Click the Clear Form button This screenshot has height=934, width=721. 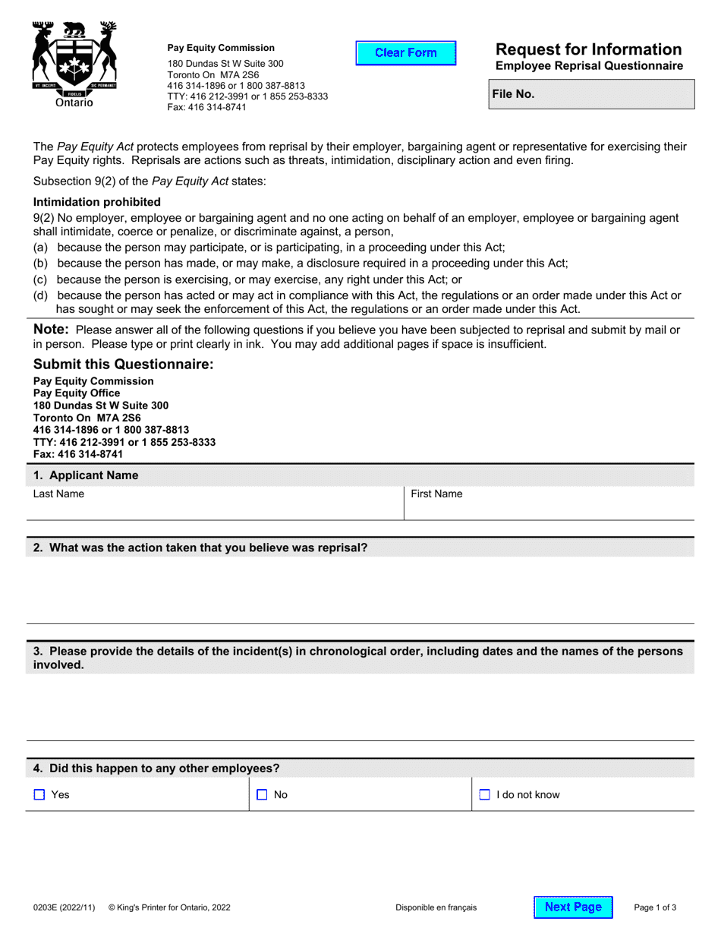point(406,53)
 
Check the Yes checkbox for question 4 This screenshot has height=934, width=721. point(39,795)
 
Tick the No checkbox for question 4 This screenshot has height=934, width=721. point(262,795)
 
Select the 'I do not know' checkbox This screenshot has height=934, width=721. point(484,795)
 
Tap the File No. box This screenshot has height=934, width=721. point(592,95)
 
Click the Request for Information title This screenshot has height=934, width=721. point(588,49)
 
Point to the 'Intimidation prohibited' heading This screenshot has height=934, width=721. point(97,202)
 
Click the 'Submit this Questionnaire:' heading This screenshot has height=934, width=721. point(124,364)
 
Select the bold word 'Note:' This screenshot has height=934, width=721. point(52,330)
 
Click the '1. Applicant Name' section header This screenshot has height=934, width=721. point(86,475)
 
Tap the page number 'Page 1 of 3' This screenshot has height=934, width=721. point(655,907)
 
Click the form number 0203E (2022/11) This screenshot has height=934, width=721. point(65,907)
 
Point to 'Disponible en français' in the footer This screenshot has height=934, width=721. point(436,907)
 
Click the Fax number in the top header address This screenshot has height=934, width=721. point(206,107)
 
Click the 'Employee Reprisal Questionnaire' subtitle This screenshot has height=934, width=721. point(589,66)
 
